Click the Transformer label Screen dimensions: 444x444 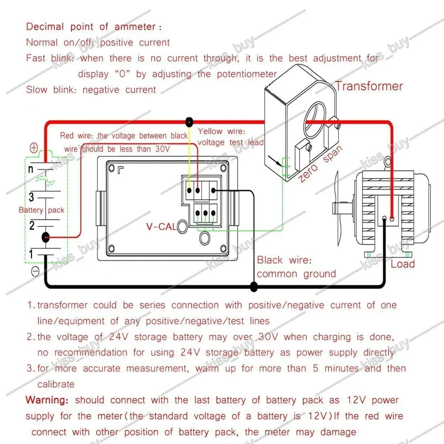tap(369, 86)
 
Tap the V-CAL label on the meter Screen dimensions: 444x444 tap(161, 226)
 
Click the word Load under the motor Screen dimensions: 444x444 tap(403, 264)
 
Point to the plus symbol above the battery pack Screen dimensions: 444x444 tap(34, 148)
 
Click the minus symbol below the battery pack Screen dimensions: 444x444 tap(35, 272)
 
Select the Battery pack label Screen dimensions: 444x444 tap(41, 210)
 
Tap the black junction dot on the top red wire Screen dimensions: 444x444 tap(189, 122)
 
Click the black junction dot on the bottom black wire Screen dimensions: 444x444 tap(254, 286)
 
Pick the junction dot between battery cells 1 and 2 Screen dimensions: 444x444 tap(46, 237)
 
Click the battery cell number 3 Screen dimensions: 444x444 tap(32, 196)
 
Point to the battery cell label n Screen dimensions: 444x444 tap(31, 169)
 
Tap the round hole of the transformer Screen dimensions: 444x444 tap(315, 112)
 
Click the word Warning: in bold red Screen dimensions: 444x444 tap(47, 400)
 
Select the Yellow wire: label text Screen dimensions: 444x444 tap(221, 131)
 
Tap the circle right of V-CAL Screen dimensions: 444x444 tap(182, 226)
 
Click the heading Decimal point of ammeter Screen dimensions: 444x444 tap(94, 27)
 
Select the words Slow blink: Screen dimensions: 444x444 tap(51, 90)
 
